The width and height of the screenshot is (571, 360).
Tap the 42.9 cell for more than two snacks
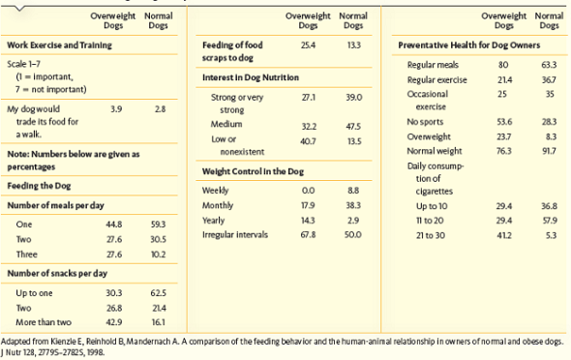pyautogui.click(x=116, y=318)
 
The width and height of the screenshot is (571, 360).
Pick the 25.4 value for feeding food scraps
pyautogui.click(x=309, y=45)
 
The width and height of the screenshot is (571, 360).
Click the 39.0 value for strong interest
pyautogui.click(x=353, y=98)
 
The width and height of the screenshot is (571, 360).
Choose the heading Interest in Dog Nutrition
pyautogui.click(x=251, y=75)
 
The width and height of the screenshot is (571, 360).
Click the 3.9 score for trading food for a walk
pyautogui.click(x=116, y=109)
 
